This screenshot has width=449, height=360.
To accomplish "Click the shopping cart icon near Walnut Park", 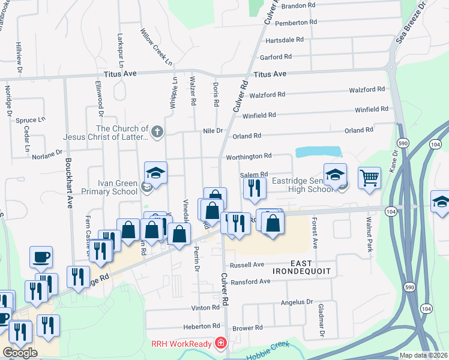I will coord(369,177).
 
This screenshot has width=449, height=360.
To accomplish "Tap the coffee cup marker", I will coord(41,256).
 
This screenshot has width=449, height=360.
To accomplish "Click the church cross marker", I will coord(157,132).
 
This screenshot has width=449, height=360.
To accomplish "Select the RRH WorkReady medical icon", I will coord(221,343).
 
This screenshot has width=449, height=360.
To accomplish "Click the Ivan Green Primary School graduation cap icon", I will coord(155,173).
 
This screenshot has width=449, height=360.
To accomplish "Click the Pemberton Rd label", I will coord(295,22).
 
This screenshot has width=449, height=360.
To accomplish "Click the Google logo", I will coord(20,353).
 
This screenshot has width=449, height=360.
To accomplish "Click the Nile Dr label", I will coord(213,130).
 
